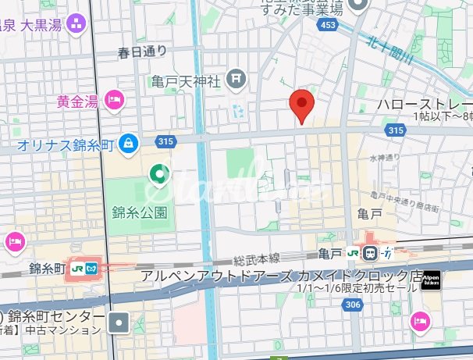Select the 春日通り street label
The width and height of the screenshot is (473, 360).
point(142,52)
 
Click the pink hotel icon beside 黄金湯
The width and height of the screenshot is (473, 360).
point(116,99)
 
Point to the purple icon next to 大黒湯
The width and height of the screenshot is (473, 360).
point(76,24)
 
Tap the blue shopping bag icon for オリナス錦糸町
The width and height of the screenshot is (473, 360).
point(130,143)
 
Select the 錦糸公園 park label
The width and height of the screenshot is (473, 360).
point(140,212)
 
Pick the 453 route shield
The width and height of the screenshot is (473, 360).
point(329,27)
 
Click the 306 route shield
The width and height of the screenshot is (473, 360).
point(354,305)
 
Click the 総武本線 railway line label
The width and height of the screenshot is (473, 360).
point(256,258)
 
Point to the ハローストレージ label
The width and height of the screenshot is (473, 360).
point(425,104)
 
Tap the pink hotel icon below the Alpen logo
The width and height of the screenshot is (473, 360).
point(420,321)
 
